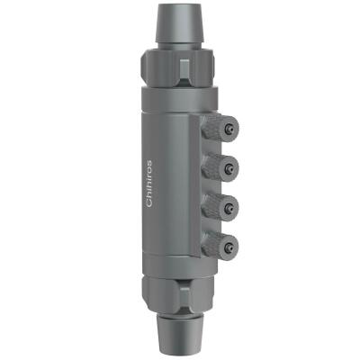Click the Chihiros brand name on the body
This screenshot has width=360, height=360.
149,184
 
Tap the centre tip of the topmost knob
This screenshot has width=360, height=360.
230,130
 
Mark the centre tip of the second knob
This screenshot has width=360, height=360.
232,167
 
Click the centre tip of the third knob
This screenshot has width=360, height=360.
232,204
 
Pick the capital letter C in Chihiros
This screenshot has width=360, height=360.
149,203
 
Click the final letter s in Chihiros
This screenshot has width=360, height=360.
149,163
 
